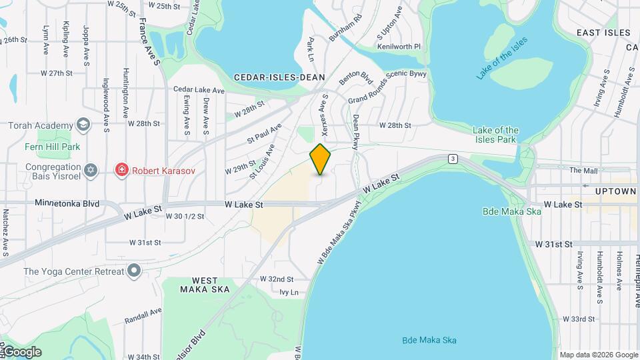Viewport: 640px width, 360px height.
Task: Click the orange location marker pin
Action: coord(321,159)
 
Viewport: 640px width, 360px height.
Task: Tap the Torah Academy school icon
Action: coord(83,125)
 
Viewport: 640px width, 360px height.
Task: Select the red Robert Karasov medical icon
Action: coord(121,170)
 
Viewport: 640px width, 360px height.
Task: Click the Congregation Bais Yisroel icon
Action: coord(91,170)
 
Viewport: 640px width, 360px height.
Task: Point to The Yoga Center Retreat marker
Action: coord(135,271)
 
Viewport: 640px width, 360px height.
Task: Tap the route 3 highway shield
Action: coord(453,158)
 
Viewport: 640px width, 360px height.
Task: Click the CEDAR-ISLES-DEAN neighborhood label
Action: coord(275,77)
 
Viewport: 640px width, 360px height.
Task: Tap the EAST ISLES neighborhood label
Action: coord(603,33)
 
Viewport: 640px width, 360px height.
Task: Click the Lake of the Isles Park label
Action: coord(495,135)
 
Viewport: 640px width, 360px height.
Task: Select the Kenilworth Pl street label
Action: coord(399,47)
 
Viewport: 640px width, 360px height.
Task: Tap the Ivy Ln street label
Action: coord(289,292)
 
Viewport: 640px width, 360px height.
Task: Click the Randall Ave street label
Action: coord(143,316)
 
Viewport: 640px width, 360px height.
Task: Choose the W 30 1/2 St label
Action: coord(185,216)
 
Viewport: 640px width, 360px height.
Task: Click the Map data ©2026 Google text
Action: coord(598,355)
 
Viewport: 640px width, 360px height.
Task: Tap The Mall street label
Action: coord(583,171)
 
